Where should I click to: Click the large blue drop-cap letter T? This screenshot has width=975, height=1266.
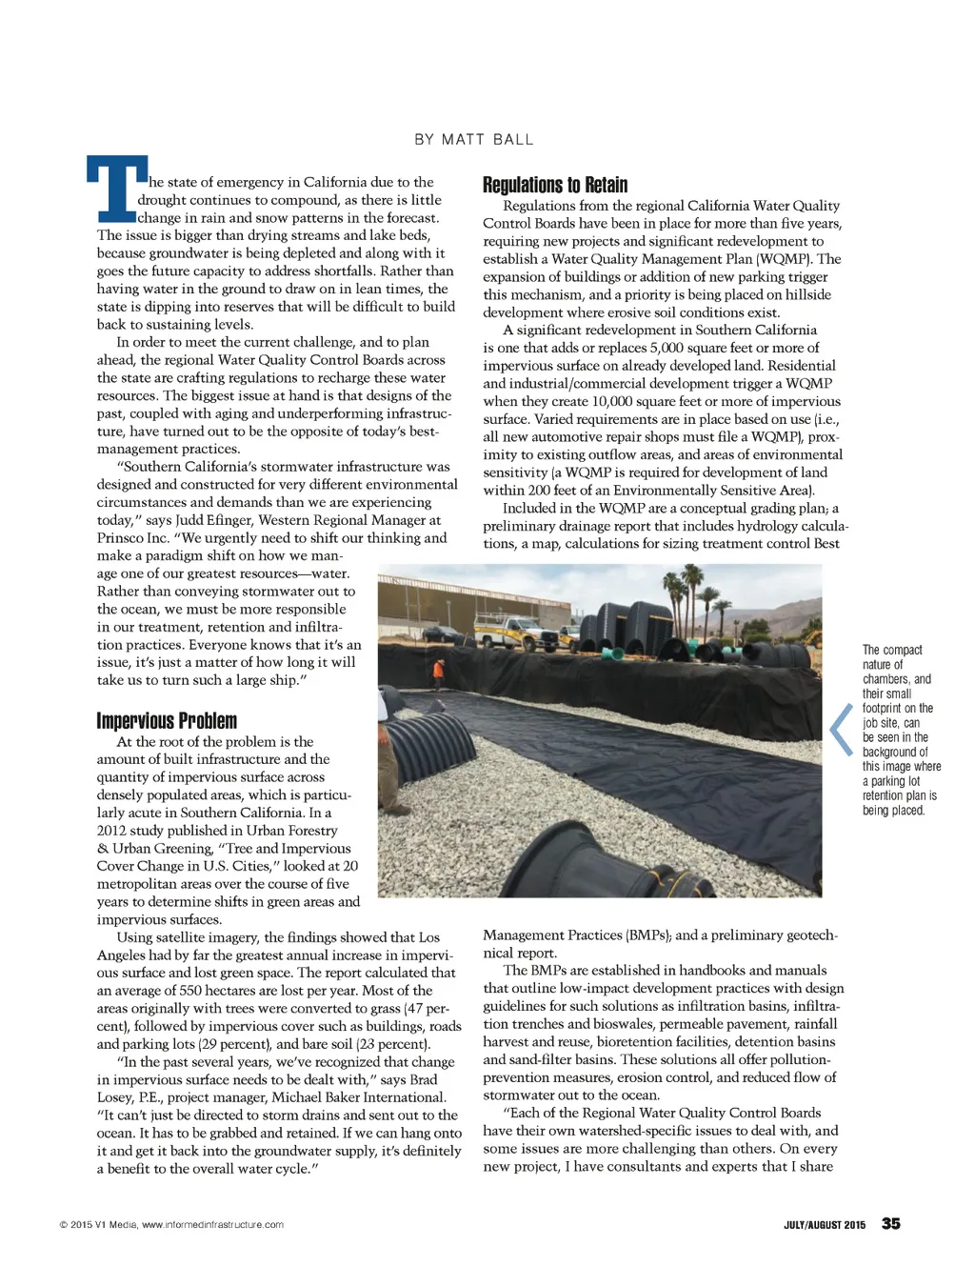(x=116, y=188)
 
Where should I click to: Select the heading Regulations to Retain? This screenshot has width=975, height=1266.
(x=554, y=185)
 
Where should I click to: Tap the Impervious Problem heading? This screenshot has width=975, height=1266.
(x=167, y=721)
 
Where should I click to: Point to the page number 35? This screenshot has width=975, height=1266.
(x=890, y=1224)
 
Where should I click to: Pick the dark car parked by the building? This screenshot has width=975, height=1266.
(x=441, y=633)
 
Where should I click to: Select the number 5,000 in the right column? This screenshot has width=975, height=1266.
(x=668, y=348)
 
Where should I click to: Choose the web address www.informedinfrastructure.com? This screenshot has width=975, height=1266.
(x=212, y=1225)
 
